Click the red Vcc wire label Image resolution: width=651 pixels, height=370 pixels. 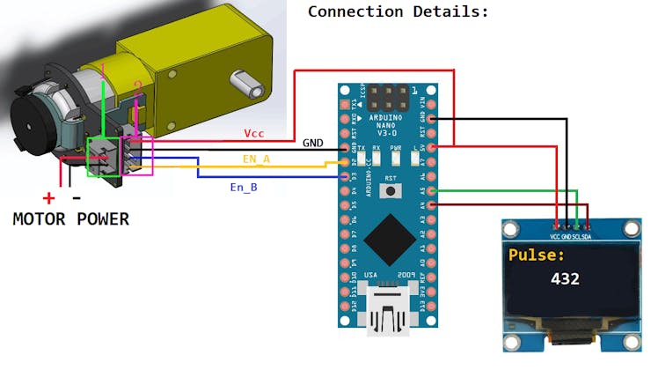click(254, 132)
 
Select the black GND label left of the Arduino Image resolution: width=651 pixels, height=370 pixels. click(312, 142)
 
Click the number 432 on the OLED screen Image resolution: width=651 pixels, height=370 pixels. click(565, 278)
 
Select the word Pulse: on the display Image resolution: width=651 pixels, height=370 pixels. click(537, 255)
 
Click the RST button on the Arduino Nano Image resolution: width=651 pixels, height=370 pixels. click(390, 191)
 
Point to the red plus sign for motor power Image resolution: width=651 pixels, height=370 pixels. click(48, 199)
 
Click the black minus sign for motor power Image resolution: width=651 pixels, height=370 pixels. click(77, 198)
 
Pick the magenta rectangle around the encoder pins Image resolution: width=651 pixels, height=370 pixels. click(137, 156)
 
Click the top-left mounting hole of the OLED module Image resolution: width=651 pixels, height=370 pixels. click(509, 230)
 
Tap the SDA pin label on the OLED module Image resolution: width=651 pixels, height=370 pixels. click(587, 237)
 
